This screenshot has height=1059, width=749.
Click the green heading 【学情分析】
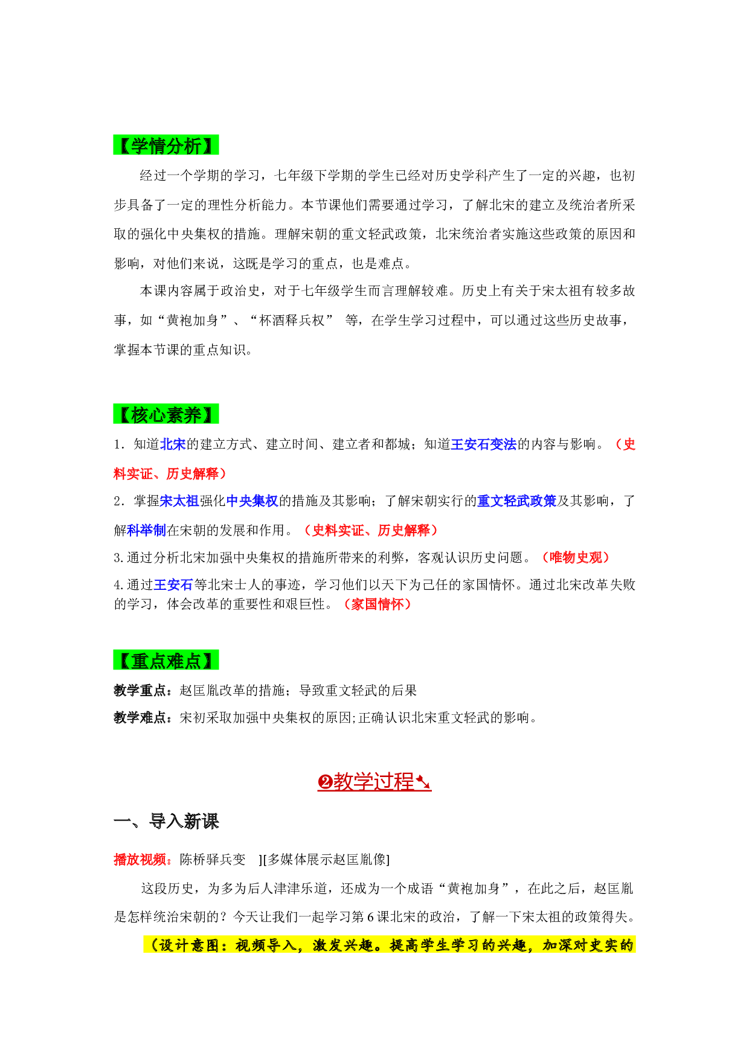click(x=166, y=145)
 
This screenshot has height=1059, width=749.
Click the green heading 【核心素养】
click(x=166, y=414)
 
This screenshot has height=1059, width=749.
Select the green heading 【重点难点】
click(x=166, y=661)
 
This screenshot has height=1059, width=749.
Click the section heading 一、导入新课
click(x=166, y=821)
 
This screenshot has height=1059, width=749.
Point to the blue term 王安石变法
click(x=484, y=444)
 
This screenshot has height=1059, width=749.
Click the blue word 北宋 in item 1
click(x=173, y=444)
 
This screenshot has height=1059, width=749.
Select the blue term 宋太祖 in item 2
click(x=179, y=501)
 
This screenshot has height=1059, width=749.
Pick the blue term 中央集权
click(x=252, y=501)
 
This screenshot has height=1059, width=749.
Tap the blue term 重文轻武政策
click(x=516, y=501)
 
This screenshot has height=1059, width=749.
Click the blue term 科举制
click(x=147, y=530)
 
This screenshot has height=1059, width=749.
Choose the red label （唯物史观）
click(x=576, y=557)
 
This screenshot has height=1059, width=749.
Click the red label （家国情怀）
click(x=378, y=604)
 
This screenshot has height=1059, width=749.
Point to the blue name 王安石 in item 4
click(x=173, y=584)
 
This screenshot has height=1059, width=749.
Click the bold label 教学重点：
click(x=146, y=690)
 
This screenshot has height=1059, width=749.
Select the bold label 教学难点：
click(x=146, y=717)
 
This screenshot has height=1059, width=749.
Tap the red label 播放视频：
click(x=146, y=859)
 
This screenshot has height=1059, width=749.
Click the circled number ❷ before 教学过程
click(x=326, y=782)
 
